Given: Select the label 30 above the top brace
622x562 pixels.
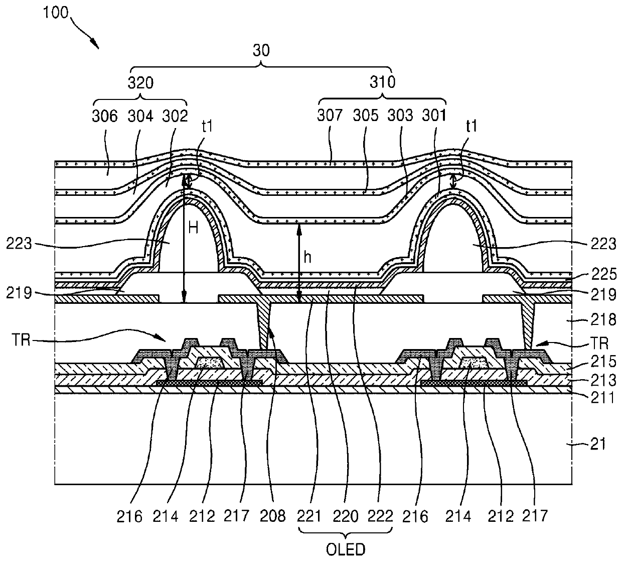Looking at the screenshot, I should tap(261, 50).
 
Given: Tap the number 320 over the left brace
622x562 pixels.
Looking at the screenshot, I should tap(141, 82).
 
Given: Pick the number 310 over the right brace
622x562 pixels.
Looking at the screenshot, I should tap(383, 82).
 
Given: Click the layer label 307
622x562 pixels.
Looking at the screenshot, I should tap(330, 116).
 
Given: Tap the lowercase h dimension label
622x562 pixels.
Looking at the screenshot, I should tap(307, 257).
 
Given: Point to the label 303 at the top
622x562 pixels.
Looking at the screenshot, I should tap(400, 116).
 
